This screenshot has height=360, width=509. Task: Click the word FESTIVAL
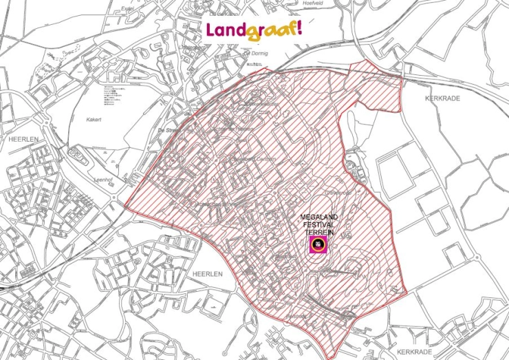[x=318, y=225]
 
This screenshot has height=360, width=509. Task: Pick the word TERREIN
[x=318, y=233]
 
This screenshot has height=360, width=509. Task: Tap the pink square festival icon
[x=318, y=245]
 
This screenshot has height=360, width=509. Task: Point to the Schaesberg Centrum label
[x=249, y=160]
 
